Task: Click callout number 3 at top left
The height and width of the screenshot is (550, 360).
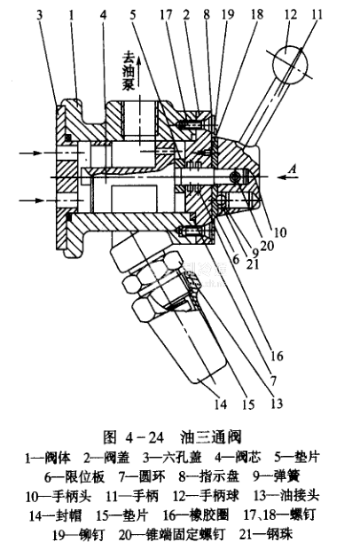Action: tap(39, 15)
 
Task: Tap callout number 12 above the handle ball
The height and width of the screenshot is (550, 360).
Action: tap(291, 15)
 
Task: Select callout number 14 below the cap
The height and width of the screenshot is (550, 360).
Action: tap(221, 405)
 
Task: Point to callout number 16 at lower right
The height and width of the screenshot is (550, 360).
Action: tap(277, 356)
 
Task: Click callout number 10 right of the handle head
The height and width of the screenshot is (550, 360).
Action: tap(280, 232)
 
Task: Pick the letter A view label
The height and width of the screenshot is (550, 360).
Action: tap(292, 169)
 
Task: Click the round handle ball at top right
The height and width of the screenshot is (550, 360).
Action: tap(290, 66)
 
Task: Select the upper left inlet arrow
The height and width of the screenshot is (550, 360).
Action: tap(32, 153)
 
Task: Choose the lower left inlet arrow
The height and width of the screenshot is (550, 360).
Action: tap(32, 200)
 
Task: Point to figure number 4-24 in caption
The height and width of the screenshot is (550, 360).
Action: tap(144, 437)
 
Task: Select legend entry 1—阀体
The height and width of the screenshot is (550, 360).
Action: tap(48, 458)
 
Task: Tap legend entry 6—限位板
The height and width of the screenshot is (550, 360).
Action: tap(74, 476)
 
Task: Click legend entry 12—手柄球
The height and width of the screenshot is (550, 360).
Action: tap(206, 496)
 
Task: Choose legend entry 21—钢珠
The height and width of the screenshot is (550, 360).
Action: tap(266, 534)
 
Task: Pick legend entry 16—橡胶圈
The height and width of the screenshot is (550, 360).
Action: tap(196, 515)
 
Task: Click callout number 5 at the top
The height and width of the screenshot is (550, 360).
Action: tap(132, 15)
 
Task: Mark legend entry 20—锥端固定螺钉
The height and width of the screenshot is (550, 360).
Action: tap(172, 534)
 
